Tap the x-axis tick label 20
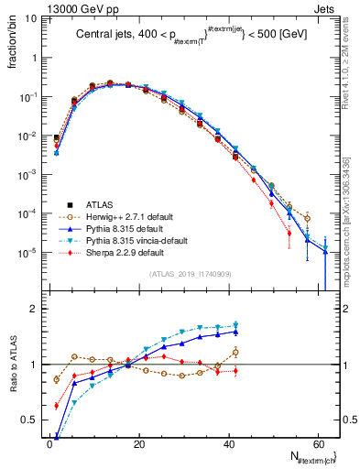pos(139,443)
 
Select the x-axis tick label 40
pos(228,443)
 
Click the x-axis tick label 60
pos(317,443)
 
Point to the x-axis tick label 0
pos(50,443)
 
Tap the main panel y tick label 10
pos(32,17)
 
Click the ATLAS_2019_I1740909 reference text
pos(190,273)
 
